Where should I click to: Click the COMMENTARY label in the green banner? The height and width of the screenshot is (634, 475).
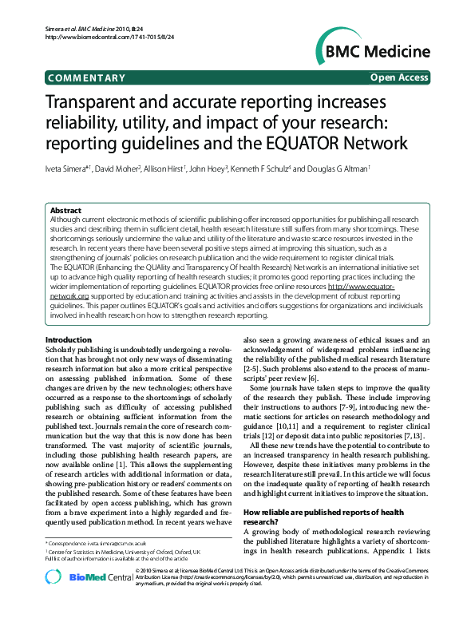click(86, 78)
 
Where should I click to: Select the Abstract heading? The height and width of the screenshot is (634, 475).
click(65, 211)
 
